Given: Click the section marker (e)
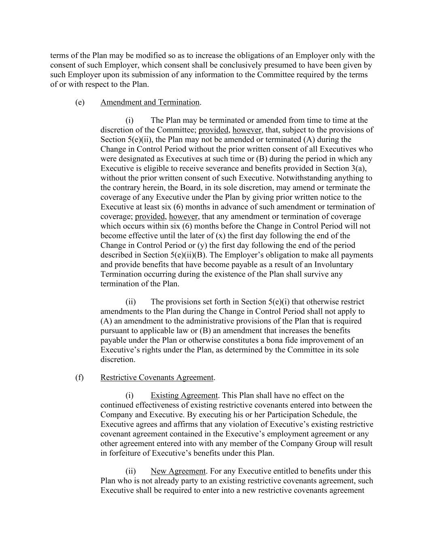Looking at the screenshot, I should pyautogui.click(x=80, y=102).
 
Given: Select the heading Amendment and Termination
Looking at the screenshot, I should pyautogui.click(x=150, y=102).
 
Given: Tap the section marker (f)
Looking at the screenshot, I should pyautogui.click(x=79, y=378).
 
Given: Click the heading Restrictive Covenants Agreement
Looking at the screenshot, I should pyautogui.click(x=157, y=378).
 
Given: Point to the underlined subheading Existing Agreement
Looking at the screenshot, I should pyautogui.click(x=184, y=395).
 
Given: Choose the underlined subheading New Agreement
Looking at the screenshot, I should pyautogui.click(x=178, y=471).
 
